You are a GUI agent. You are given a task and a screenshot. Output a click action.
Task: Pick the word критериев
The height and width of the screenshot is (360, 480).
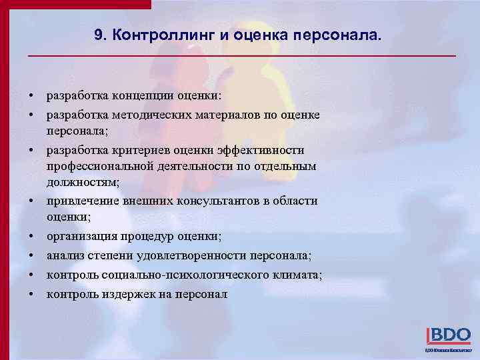pos(138,150)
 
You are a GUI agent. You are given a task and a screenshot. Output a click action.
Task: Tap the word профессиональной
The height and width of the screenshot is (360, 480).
pos(100,165)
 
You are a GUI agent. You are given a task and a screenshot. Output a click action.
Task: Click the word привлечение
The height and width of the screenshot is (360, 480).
pos(82,201)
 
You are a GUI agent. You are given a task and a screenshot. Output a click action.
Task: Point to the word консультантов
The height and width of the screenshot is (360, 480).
pos(213,201)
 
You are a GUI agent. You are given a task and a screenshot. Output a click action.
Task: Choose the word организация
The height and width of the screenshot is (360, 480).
pos(83,236)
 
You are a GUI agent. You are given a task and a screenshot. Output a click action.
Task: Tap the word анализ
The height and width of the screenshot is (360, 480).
pos(64,255)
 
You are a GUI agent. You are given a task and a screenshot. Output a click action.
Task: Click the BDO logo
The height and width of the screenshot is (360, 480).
pos(447,336)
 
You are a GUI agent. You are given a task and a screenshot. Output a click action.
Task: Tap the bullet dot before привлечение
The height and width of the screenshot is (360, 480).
pos(32,201)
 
